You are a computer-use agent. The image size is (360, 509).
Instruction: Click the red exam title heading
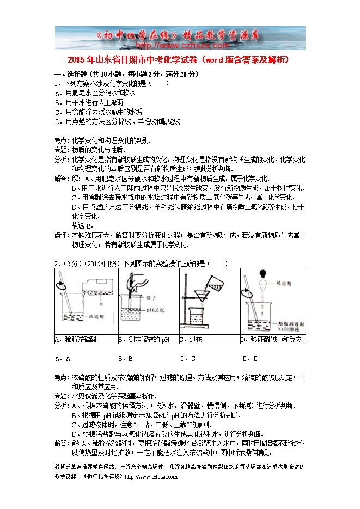tap(180, 59)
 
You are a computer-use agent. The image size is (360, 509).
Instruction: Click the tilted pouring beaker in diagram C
tap(216, 280)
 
